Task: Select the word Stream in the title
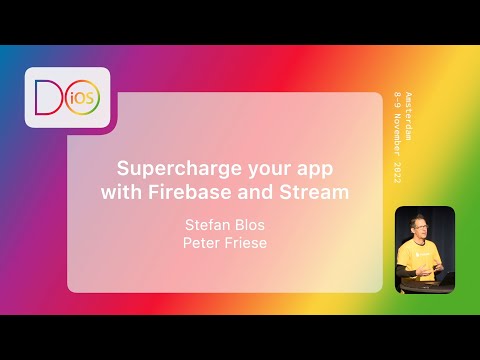pos(317,192)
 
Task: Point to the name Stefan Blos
pos(225,224)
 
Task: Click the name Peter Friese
pos(225,243)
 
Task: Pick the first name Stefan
pos(207,224)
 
